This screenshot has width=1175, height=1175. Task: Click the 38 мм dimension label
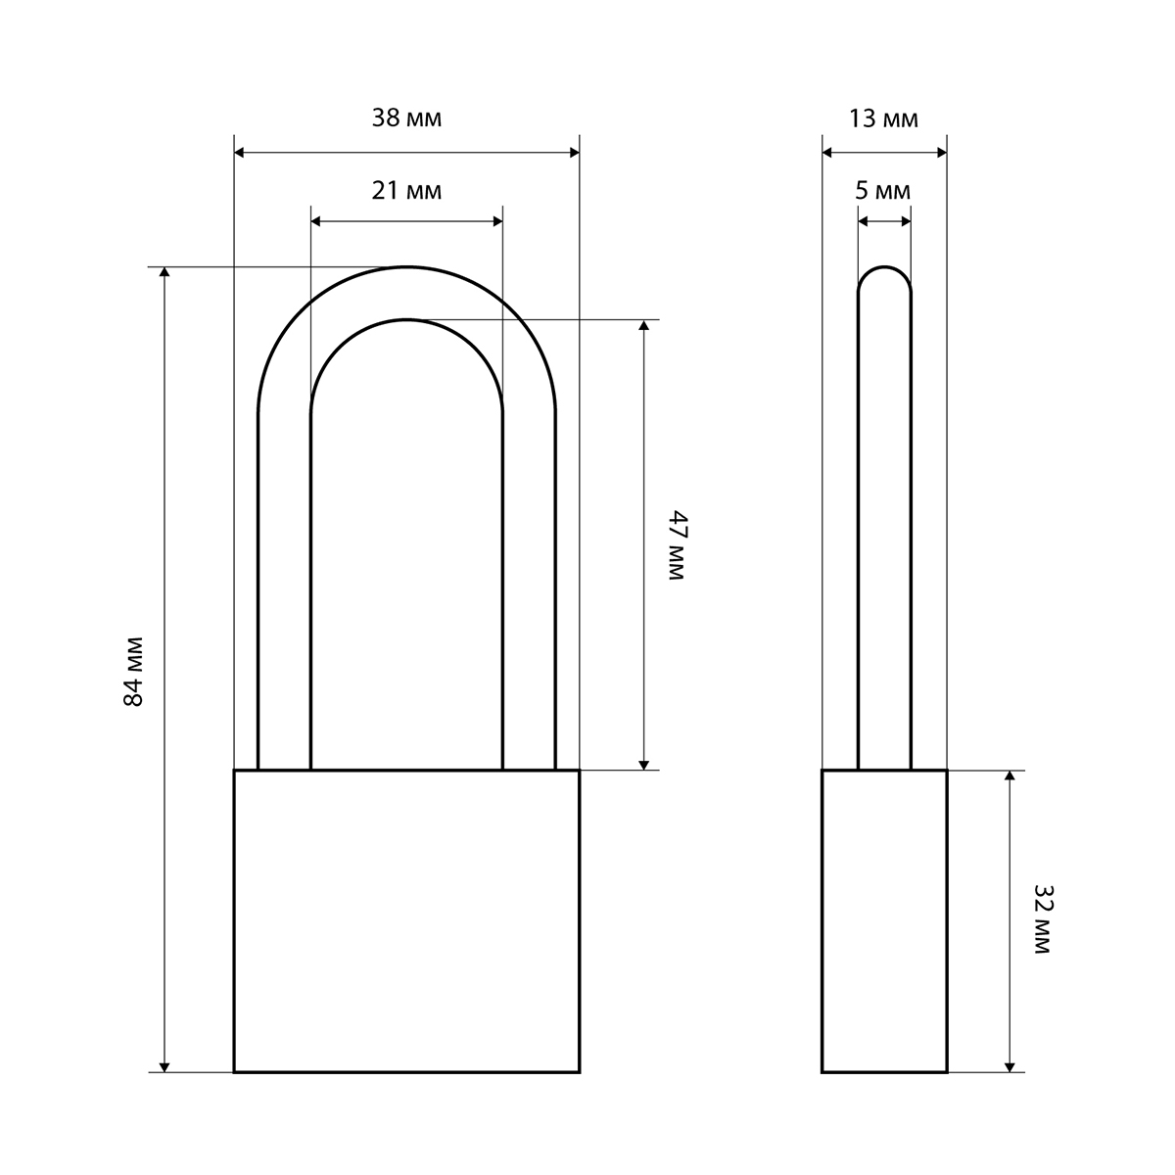pyautogui.click(x=406, y=118)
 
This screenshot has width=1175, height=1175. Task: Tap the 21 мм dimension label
pyautogui.click(x=406, y=191)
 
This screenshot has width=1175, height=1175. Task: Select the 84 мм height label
pyautogui.click(x=133, y=672)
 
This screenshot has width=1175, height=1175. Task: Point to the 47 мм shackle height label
pyautogui.click(x=678, y=545)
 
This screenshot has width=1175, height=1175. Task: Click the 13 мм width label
pyautogui.click(x=883, y=118)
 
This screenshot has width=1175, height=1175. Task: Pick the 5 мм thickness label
pyautogui.click(x=883, y=191)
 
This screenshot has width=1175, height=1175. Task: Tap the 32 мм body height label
pyautogui.click(x=1043, y=919)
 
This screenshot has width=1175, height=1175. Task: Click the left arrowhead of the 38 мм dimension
pyautogui.click(x=239, y=153)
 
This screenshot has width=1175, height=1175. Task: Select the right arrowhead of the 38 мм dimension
pyautogui.click(x=575, y=153)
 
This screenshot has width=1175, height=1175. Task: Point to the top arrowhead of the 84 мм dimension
pyautogui.click(x=164, y=272)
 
